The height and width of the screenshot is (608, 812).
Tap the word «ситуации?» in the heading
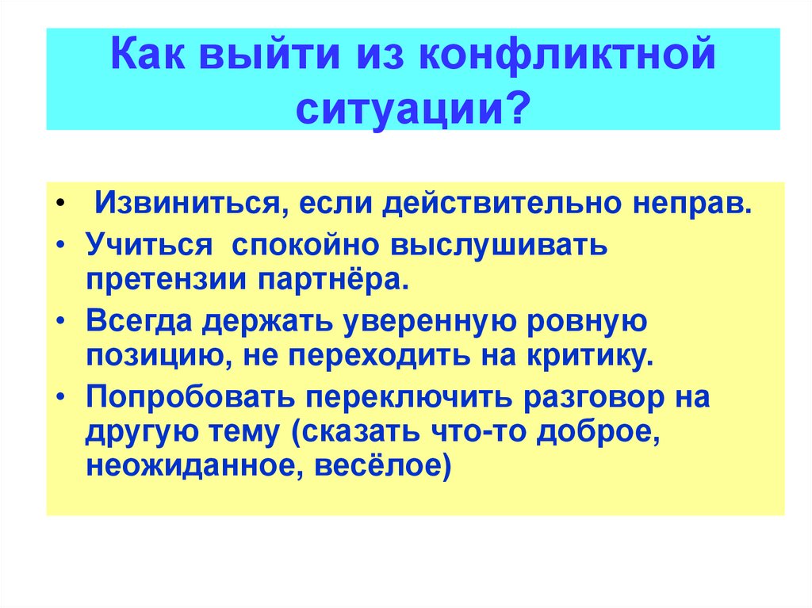413,109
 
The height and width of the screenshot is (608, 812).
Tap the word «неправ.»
692,204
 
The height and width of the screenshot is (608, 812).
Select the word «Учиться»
149,244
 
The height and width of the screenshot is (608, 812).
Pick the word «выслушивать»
499,244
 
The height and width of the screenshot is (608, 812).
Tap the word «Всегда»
138,322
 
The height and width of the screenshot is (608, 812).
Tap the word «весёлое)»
383,465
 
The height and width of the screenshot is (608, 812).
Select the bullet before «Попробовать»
62,396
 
